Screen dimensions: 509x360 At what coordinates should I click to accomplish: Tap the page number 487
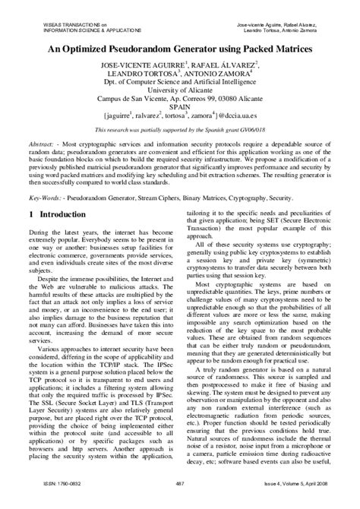pos(180,502)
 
